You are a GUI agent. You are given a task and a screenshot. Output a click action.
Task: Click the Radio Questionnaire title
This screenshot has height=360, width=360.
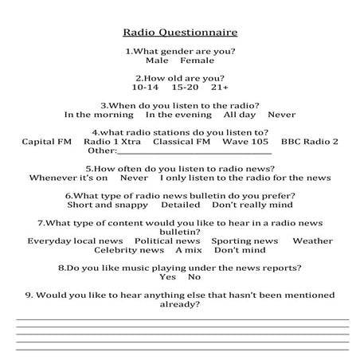(180, 33)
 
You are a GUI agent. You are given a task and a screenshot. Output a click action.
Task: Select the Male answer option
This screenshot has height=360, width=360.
(157, 61)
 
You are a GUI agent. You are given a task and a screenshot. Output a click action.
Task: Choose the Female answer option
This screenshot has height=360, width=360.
(197, 61)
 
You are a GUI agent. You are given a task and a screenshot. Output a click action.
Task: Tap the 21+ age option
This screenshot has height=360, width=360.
(220, 88)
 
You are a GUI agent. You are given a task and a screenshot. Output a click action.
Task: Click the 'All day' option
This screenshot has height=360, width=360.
(240, 115)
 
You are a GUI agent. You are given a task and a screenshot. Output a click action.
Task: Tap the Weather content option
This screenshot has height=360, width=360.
(312, 241)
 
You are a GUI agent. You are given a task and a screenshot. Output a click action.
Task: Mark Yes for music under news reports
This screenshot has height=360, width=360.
(166, 277)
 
